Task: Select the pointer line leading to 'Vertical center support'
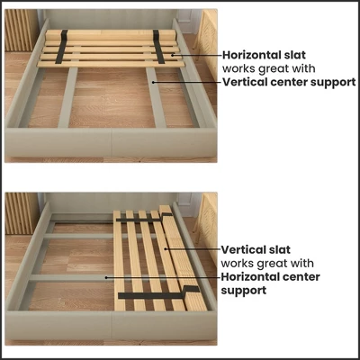click(189, 82)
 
